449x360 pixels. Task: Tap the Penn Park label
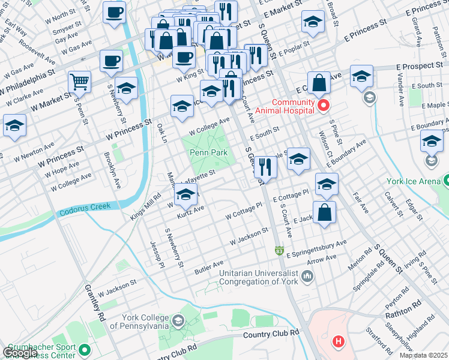pyautogui.click(x=208, y=153)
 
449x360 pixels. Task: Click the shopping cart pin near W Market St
pyautogui.click(x=79, y=81)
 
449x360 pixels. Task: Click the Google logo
pyautogui.click(x=20, y=353)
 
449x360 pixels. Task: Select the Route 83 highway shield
pyautogui.click(x=279, y=250)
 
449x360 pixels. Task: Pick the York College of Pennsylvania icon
pyautogui.click(x=178, y=322)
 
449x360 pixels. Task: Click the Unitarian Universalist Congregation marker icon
pyautogui.click(x=308, y=276)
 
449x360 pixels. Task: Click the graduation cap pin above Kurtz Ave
pyautogui.click(x=186, y=195)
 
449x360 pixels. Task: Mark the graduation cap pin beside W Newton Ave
pyautogui.click(x=14, y=126)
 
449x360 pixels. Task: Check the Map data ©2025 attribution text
pyautogui.click(x=423, y=355)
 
